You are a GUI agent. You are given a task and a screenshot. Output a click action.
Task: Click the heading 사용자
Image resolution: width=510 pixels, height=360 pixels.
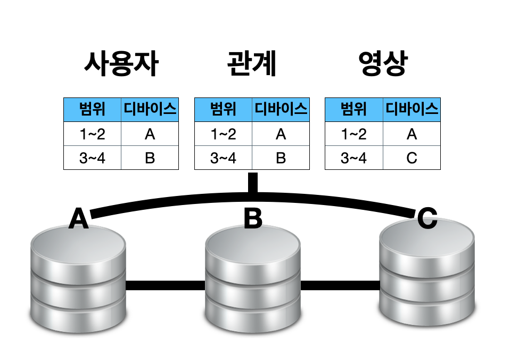click(x=121, y=65)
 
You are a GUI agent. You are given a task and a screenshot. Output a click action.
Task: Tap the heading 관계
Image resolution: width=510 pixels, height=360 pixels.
click(x=252, y=65)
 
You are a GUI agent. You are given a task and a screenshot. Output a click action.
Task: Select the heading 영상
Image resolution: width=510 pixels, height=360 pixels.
click(x=382, y=65)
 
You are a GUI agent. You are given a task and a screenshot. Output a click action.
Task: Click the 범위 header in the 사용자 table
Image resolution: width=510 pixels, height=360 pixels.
click(x=92, y=110)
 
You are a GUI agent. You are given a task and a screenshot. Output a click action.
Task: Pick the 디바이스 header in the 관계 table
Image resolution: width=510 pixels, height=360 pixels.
click(x=281, y=110)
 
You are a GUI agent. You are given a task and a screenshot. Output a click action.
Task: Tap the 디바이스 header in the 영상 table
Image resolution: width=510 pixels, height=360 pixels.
click(x=412, y=110)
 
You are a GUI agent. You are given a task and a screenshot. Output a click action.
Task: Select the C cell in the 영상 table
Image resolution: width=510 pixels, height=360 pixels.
click(x=412, y=158)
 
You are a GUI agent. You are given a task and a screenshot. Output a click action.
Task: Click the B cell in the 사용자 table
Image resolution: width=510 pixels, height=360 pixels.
click(x=150, y=158)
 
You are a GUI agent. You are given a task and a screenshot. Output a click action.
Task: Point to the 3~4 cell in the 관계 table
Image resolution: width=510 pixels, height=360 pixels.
click(x=223, y=158)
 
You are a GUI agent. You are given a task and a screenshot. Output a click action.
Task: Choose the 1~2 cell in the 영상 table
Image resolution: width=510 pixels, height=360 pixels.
click(x=354, y=134)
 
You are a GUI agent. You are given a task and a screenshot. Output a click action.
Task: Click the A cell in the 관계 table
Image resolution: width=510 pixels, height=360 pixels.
click(x=281, y=134)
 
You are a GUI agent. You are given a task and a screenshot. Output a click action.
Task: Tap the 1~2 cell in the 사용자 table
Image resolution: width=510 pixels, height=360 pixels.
click(x=92, y=134)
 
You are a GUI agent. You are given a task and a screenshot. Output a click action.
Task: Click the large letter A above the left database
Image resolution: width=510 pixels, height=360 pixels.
click(x=79, y=218)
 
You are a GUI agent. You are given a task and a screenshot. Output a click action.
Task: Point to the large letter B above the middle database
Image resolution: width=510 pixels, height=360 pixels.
click(x=253, y=218)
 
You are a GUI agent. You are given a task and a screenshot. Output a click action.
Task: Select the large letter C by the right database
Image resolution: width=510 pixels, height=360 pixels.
click(x=427, y=218)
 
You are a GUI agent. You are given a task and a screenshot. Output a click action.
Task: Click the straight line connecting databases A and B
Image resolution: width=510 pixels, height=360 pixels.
click(x=166, y=286)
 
